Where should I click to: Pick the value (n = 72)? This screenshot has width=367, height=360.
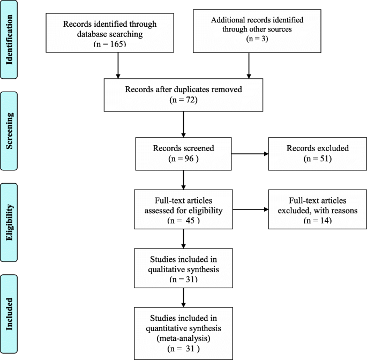[x=183, y=100]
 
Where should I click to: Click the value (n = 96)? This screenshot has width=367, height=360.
[x=184, y=159]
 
